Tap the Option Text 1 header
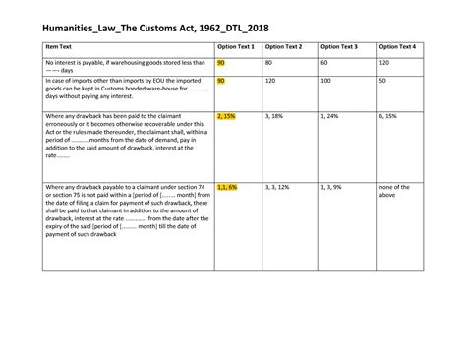pos(235,46)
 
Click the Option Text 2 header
pos(283,46)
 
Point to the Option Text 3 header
pos(341,46)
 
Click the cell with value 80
pos(268,62)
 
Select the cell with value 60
pos(326,62)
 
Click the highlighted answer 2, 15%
pos(226,116)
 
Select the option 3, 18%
pos(274,116)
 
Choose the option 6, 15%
pos(388,116)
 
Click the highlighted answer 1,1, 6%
pos(227,186)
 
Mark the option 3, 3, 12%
pos(277,186)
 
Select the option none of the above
pos(394,190)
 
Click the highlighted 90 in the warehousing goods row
pos(221,62)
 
